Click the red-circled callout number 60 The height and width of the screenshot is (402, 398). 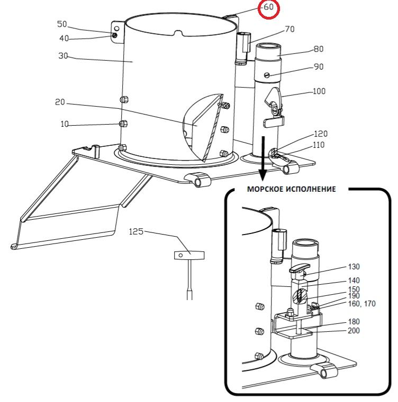tap(269, 7)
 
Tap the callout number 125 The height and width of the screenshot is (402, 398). tap(136, 231)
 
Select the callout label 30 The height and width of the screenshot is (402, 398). tap(63, 55)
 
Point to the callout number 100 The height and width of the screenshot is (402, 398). tap(319, 91)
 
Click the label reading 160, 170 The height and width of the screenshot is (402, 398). tap(362, 304)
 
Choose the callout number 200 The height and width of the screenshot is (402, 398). tap(354, 331)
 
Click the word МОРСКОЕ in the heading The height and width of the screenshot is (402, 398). tap(265, 189)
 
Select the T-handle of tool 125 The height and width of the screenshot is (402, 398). tap(189, 255)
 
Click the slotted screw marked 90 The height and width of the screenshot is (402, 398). tap(267, 75)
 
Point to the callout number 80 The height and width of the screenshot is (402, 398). tap(319, 49)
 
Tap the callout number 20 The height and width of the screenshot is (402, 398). tap(60, 102)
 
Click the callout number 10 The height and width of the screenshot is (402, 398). tap(65, 124)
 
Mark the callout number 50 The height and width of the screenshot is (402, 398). tap(62, 24)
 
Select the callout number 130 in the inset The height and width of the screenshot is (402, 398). tap(354, 267)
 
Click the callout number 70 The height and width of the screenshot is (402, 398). tap(290, 29)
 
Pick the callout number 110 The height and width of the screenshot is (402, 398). tap(319, 145)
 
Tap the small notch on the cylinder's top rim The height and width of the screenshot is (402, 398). tap(178, 33)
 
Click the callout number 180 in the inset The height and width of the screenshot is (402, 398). tap(354, 322)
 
